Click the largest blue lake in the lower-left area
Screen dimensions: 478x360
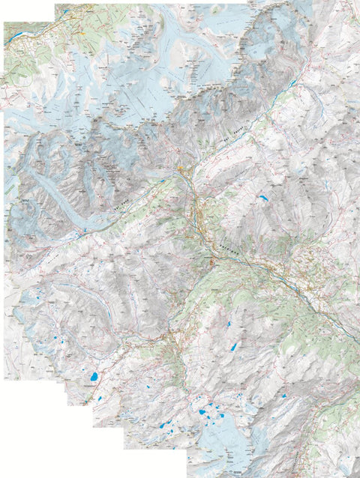point(94,378)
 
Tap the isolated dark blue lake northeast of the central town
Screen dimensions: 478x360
point(263,199)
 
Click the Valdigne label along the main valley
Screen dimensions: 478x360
point(229,245)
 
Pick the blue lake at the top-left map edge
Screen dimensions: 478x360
point(66,13)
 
